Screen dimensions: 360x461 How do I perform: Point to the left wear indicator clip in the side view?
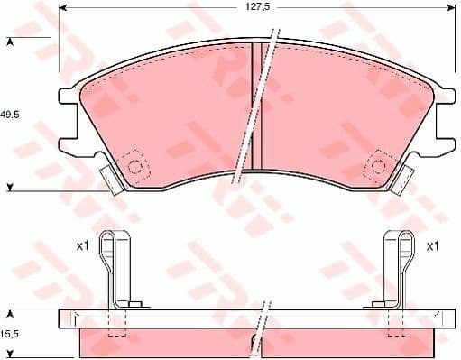(x=115, y=268)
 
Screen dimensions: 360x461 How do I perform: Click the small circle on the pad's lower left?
(x=136, y=166)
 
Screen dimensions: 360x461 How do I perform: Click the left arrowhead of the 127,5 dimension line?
(x=64, y=8)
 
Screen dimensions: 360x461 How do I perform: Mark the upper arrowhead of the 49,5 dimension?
(x=10, y=42)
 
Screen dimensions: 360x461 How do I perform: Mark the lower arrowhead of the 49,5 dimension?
(x=10, y=188)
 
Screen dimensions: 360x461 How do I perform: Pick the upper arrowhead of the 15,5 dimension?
(x=10, y=313)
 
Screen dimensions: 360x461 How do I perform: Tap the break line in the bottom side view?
(x=260, y=329)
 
